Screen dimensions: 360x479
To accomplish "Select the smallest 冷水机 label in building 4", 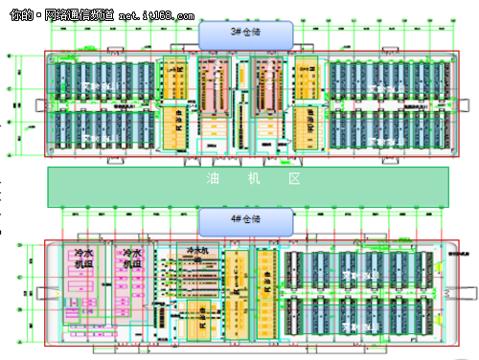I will click(x=197, y=255).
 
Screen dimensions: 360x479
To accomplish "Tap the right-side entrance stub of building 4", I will click(x=453, y=296).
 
